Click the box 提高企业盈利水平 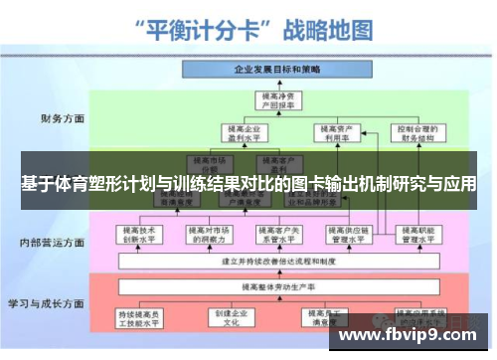(240, 132)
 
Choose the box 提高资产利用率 (331, 132)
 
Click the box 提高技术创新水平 (141, 234)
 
